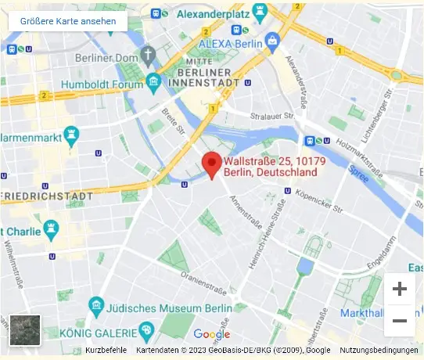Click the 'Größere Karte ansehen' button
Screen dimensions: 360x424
68,21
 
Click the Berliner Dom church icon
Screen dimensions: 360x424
149,56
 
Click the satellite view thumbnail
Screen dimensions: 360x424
24,330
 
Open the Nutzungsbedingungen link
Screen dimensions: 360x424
379,350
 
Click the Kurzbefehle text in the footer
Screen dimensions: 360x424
106,350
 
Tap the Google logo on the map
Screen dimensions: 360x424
211,334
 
